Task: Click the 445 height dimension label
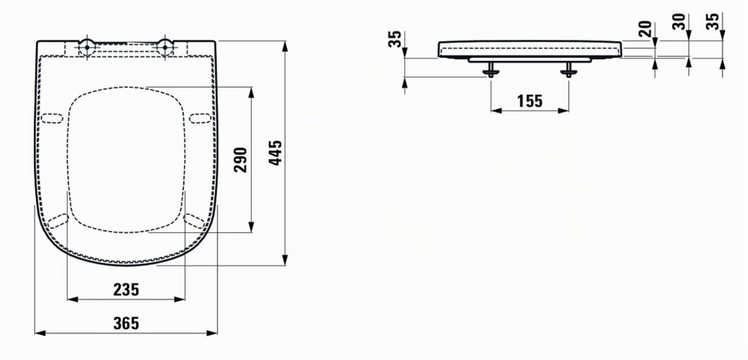coord(275,153)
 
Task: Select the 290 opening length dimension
coord(240,160)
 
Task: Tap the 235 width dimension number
coord(126,290)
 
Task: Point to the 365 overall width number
coord(126,323)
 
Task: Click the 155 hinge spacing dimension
coord(530,101)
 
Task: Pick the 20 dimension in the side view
coord(645,29)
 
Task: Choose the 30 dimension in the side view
coord(679,21)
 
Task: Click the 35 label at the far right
coord(712,21)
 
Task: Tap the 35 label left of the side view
coord(394,39)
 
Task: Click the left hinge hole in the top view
coord(87,48)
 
